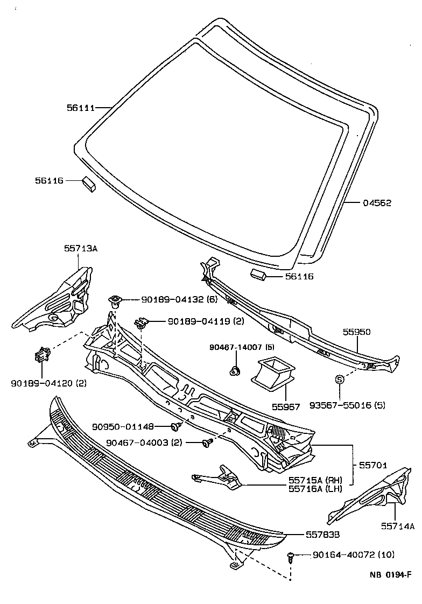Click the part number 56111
click(x=81, y=108)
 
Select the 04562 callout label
click(x=376, y=203)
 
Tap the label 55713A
click(x=81, y=248)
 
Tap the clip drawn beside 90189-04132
click(x=115, y=300)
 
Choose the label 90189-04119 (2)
click(x=198, y=321)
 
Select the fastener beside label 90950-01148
click(x=175, y=427)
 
